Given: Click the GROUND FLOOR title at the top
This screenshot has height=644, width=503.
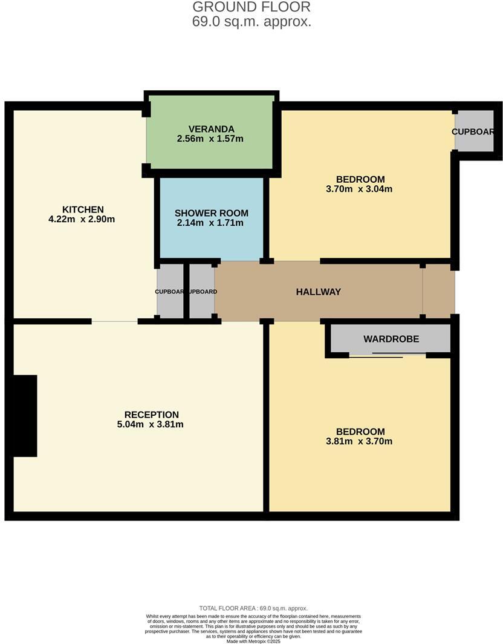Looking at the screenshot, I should click(251, 7).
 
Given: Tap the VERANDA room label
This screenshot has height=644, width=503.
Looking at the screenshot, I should click(211, 129).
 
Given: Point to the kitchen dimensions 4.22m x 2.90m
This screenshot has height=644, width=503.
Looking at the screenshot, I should click(82, 219).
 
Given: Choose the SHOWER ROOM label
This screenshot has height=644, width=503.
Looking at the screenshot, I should click(211, 213).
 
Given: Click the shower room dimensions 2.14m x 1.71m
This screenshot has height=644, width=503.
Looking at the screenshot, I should click(210, 223).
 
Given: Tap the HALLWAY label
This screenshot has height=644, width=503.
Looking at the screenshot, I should click(318, 292).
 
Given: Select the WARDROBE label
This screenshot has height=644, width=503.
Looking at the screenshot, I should click(391, 339).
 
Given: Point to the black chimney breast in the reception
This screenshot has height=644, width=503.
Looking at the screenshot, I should click(25, 416).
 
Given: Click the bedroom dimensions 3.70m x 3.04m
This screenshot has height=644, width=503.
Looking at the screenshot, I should click(360, 189).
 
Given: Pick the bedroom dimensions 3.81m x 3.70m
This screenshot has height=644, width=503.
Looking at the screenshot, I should click(360, 441).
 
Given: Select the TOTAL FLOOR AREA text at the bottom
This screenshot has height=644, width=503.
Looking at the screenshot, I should click(253, 608).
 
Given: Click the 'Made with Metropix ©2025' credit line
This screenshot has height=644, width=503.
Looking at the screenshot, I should click(253, 641).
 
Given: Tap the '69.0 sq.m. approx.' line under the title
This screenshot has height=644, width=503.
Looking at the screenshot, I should click(251, 22).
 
